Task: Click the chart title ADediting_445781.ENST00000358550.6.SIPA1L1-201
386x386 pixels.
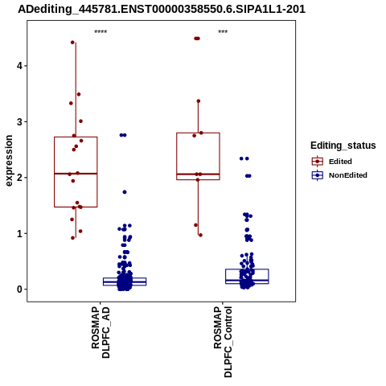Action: [x=162, y=9]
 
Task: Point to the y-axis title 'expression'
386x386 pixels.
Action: [x=9, y=161]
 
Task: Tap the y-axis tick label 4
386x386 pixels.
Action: [x=19, y=66]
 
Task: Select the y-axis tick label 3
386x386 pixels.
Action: [x=19, y=121]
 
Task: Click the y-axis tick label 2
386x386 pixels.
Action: [x=19, y=178]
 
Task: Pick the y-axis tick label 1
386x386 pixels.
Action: [x=19, y=233]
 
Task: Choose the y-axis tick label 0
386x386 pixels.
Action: [x=19, y=289]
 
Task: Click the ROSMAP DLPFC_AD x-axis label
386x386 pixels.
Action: [x=101, y=332]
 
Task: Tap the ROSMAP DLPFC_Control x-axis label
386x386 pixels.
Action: [x=223, y=342]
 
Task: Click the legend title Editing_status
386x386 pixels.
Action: [x=343, y=146]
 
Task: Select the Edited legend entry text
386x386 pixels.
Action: [x=340, y=162]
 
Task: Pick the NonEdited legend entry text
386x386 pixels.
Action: [x=348, y=175]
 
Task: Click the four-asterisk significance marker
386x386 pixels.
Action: [x=101, y=32]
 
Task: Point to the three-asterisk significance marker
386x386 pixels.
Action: [x=223, y=32]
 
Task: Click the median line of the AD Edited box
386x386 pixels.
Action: [x=76, y=174]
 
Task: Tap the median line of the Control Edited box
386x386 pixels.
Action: [x=198, y=175]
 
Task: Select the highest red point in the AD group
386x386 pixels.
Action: [x=72, y=43]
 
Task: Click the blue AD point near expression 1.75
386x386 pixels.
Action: [x=125, y=192]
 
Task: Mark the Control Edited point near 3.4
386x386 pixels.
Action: [x=199, y=101]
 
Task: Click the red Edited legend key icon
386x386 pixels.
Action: [x=318, y=162]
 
